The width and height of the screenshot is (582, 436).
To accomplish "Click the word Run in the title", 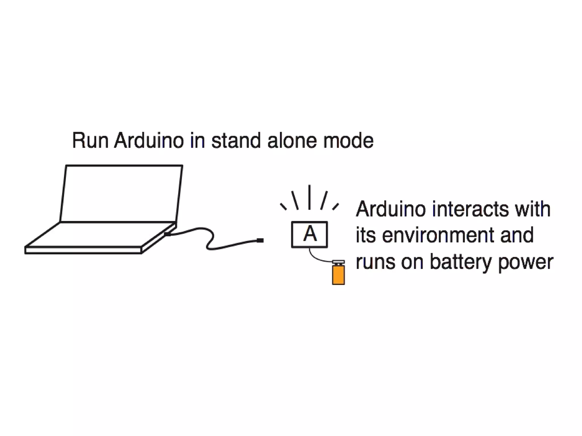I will (x=90, y=141).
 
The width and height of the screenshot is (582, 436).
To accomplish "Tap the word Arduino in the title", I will (x=149, y=141).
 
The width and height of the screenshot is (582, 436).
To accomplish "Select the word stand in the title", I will (x=236, y=141).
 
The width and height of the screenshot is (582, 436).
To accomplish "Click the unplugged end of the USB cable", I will (x=260, y=241).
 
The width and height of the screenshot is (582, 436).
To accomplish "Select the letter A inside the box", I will (x=310, y=234).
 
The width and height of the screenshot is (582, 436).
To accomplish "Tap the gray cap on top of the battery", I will (x=338, y=262).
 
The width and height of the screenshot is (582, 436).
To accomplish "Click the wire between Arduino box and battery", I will (x=317, y=257).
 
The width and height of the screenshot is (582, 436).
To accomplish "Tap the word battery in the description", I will (x=460, y=262).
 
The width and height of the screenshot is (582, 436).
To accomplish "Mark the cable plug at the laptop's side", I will (x=168, y=234).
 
